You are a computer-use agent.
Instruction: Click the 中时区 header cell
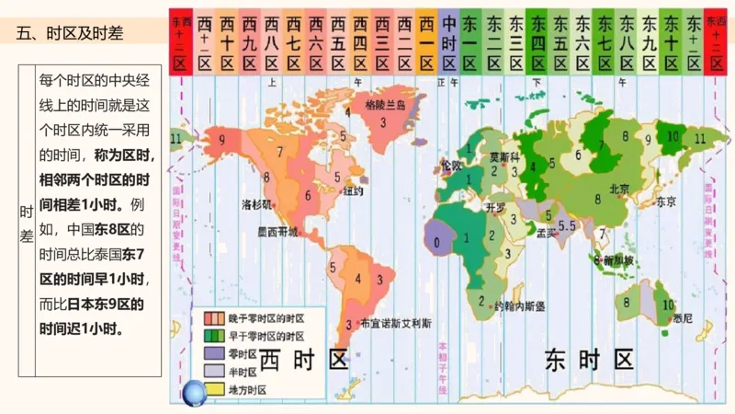pyautogui.click(x=449, y=42)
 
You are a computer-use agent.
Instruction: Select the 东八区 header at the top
pyautogui.click(x=628, y=42)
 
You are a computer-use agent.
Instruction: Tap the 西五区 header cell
pyautogui.click(x=338, y=42)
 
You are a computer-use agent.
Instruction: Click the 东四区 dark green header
pyautogui.click(x=538, y=42)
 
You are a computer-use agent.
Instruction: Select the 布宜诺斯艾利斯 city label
pyautogui.click(x=396, y=323)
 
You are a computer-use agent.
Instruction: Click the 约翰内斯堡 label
pyautogui.click(x=520, y=305)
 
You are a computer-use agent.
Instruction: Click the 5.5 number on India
pyautogui.click(x=567, y=225)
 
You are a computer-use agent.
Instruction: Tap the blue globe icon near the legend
pyautogui.click(x=197, y=394)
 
